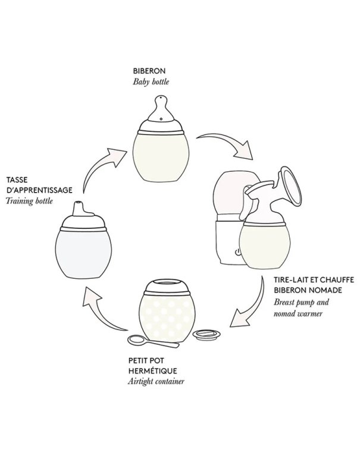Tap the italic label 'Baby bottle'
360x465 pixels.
tap(151, 81)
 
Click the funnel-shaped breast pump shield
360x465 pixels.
tap(292, 190)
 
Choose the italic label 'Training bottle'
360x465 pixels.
tap(30, 200)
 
